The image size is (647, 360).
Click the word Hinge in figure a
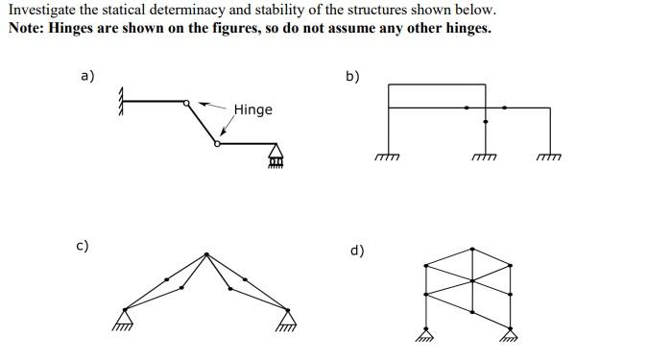coord(252,109)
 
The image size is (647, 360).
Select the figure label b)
coord(352,76)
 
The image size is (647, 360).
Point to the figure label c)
coord(84,246)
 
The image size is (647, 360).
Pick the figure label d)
coord(356,251)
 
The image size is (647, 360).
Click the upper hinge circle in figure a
coord(191,100)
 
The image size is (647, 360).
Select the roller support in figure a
coord(276,154)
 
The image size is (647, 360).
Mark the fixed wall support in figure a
coord(122,100)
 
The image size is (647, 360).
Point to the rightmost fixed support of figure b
coord(549,156)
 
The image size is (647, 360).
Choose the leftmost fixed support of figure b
coord(387,156)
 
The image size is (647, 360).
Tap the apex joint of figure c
coord(206,253)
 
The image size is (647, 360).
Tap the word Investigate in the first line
coord(43,10)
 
